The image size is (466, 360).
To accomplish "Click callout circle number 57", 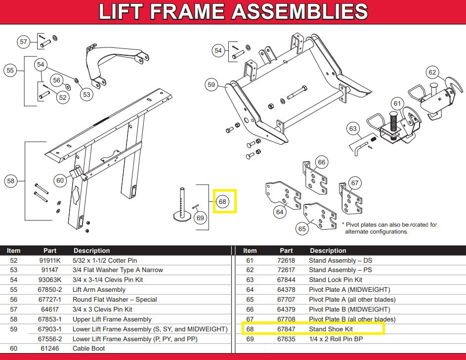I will click(x=24, y=42).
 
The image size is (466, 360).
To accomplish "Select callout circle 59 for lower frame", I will click(x=212, y=85).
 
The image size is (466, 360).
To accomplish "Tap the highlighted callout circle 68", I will click(x=222, y=201).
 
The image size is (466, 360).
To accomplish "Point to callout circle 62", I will click(x=433, y=73).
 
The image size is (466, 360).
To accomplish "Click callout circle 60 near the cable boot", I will click(x=60, y=181).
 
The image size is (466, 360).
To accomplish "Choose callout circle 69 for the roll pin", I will click(x=200, y=217).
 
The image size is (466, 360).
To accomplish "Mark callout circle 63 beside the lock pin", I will click(x=353, y=129).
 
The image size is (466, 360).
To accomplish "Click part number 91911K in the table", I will click(x=49, y=260).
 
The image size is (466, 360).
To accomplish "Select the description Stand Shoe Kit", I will click(x=331, y=329).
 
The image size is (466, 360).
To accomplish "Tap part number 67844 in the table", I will click(x=286, y=280).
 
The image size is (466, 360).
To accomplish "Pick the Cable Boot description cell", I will click(x=88, y=348).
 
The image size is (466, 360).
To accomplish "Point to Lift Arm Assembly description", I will click(x=99, y=289).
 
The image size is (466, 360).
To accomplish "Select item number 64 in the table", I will click(x=250, y=289).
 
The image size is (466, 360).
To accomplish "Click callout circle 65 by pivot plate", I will click(x=302, y=229).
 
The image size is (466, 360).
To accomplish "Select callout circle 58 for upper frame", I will click(x=11, y=181).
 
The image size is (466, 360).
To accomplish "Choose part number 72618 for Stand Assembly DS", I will click(x=286, y=260).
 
